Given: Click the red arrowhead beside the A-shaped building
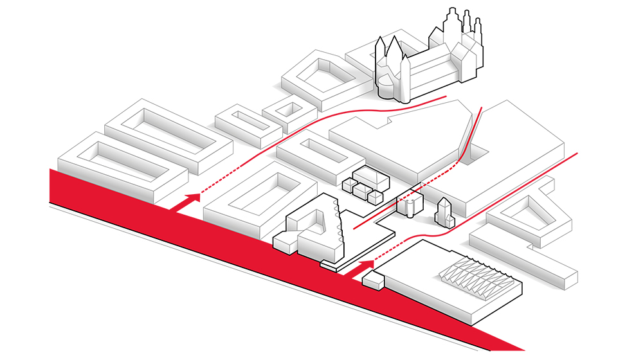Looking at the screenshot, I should click(367, 264).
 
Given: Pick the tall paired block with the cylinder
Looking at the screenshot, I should click(410, 204).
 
